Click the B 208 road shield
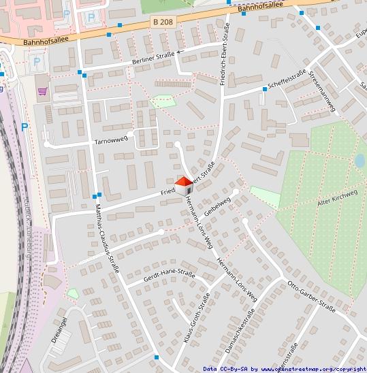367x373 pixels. pyautogui.click(x=163, y=22)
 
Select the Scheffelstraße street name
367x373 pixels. pyautogui.click(x=286, y=82)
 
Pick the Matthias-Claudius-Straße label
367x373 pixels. pyautogui.click(x=107, y=238)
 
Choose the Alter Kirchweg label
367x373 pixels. pyautogui.click(x=337, y=197)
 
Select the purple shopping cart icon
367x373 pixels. pyautogui.click(x=42, y=91)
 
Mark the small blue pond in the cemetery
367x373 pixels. pyautogui.click(x=360, y=161)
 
